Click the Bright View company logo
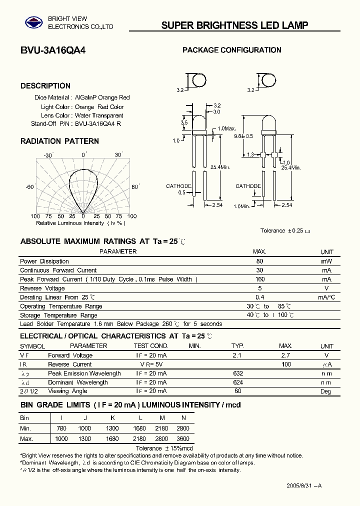34,22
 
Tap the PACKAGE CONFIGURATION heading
231,50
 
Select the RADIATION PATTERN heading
59,141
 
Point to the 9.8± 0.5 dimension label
243,136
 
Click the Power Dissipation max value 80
259,261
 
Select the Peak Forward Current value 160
259,279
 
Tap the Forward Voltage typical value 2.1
237,355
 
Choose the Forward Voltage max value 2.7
285,355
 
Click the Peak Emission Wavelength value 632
237,373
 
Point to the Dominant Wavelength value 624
237,382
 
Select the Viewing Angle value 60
237,391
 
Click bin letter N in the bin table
184,417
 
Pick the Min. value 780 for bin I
61,428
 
